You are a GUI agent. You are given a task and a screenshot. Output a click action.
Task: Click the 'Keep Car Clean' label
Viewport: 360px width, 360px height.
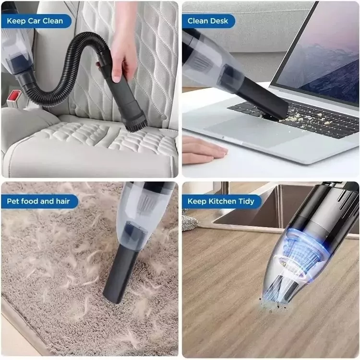click(36, 21)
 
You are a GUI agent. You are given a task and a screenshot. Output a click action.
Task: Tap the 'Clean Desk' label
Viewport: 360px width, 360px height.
click(208, 21)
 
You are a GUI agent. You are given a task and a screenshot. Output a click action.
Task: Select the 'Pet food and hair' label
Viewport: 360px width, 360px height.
click(39, 201)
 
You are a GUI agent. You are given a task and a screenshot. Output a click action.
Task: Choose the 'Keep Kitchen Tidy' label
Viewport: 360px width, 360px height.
click(221, 201)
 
